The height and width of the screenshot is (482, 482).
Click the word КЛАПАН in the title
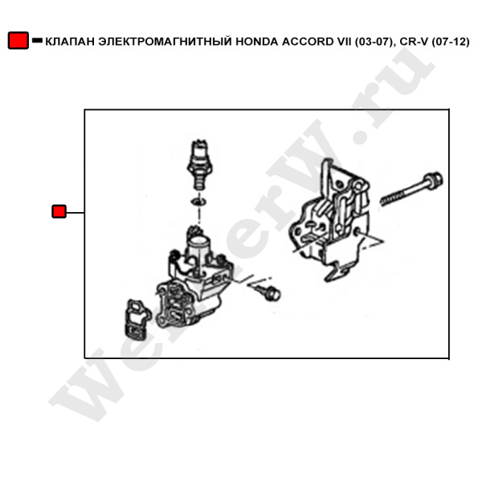point(70,42)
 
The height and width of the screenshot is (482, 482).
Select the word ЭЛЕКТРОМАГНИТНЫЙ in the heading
point(165,42)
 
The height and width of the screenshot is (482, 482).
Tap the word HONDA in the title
point(257,42)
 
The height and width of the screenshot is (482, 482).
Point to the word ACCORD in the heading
point(308,42)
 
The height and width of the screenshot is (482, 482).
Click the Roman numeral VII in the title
point(345,42)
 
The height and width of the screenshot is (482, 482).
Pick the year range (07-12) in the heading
point(451,42)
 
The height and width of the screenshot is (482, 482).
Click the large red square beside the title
point(18,40)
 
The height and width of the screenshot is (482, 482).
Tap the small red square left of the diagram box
point(59,211)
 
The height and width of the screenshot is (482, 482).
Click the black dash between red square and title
point(38,40)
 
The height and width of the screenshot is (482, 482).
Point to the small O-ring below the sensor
point(198,202)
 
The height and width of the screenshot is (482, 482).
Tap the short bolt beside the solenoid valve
point(268,292)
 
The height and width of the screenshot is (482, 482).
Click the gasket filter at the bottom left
point(137,321)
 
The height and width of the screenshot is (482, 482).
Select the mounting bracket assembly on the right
point(330,220)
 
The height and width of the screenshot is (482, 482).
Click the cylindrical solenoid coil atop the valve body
point(198,249)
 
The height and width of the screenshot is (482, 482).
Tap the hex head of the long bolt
point(434,180)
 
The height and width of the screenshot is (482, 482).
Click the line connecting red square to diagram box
point(76,212)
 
